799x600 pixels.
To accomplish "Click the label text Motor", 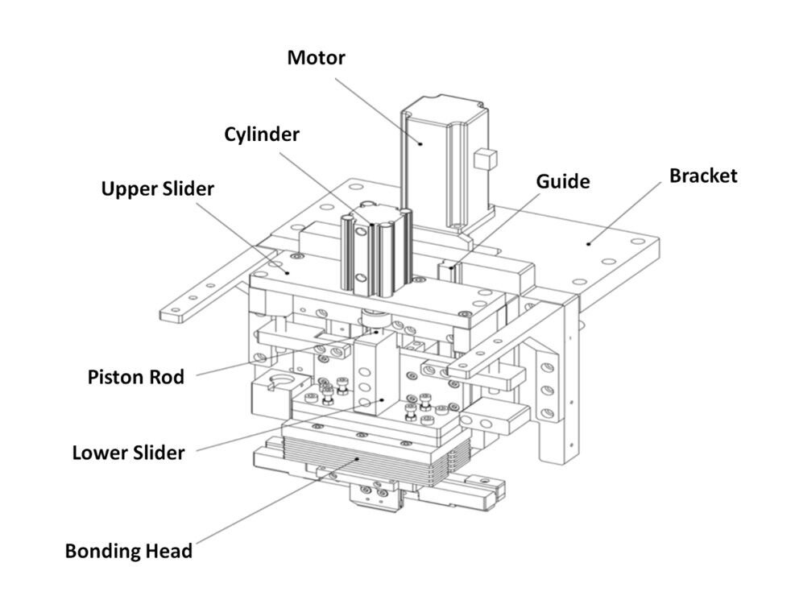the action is [316, 57].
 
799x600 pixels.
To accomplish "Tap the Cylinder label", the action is [262, 135].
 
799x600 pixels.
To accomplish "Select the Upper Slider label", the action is [157, 189].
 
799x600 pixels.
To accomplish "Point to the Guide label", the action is [563, 181].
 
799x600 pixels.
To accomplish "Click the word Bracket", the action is [703, 176].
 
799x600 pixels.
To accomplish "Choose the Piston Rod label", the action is [136, 378].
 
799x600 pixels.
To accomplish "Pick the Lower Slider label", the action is [128, 453].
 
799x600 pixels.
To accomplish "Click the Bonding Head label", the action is [129, 551].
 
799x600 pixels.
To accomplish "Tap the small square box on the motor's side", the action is [485, 159].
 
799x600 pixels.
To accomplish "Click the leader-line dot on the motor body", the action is [421, 144].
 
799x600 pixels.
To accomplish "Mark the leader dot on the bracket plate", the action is [588, 244].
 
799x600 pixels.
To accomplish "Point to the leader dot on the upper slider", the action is [288, 273].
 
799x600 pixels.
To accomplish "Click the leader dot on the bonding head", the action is [358, 458].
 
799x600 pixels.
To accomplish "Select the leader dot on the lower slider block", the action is [382, 399].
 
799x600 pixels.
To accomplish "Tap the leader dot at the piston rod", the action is [377, 332].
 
